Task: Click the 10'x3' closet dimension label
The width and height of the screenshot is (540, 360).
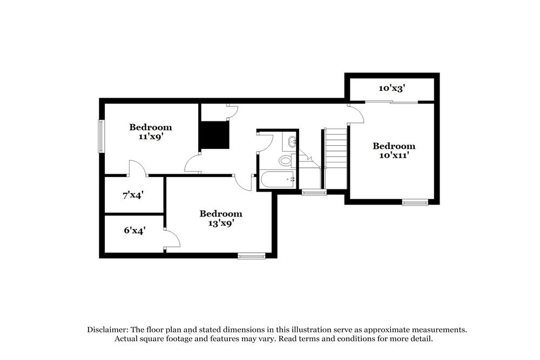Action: [392, 88]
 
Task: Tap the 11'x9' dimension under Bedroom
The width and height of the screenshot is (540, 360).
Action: [151, 137]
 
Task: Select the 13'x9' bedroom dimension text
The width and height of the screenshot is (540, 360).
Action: [221, 223]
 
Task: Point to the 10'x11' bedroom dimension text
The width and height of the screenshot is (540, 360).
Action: [394, 155]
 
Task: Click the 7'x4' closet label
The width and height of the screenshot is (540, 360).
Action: [133, 195]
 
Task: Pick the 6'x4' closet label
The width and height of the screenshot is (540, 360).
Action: [135, 230]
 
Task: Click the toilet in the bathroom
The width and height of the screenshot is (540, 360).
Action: [285, 160]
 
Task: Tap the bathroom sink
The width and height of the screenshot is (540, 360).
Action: [292, 142]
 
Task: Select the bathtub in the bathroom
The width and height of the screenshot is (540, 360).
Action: [277, 180]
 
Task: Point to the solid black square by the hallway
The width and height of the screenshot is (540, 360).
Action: [214, 135]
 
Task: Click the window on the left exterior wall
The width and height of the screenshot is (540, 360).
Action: [100, 136]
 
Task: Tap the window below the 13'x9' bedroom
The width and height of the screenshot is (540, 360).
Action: [252, 256]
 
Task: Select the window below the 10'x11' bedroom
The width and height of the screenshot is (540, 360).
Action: [415, 203]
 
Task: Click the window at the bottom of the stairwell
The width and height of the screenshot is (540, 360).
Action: [314, 192]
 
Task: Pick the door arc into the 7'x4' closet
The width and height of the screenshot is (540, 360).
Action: [137, 168]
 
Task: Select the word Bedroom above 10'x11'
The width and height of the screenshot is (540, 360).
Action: [394, 146]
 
